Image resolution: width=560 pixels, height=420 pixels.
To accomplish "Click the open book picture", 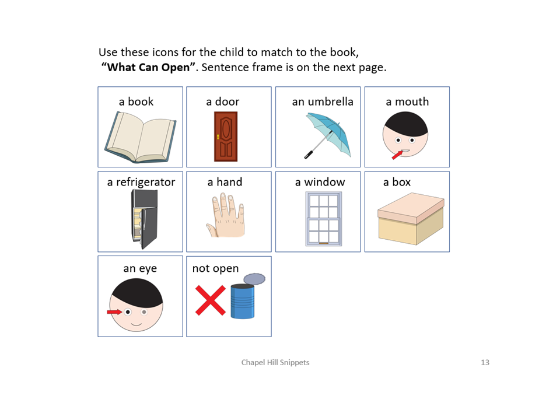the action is click(x=141, y=137).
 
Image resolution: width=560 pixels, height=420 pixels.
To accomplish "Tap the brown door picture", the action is click(x=226, y=136).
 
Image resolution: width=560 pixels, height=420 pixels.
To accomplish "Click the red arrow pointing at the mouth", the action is click(x=397, y=155).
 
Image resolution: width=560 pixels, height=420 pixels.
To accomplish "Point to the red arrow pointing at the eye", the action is click(x=114, y=312).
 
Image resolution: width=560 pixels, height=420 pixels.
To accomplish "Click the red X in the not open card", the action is click(x=211, y=300).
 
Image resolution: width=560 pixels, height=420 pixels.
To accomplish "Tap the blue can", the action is click(x=243, y=301).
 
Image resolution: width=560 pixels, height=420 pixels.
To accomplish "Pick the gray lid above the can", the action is click(x=254, y=279).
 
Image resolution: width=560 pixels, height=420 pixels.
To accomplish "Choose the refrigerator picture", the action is click(x=144, y=219).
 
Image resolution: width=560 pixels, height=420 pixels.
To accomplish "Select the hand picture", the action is click(x=225, y=215).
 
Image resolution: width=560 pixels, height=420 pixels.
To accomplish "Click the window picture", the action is click(x=324, y=219).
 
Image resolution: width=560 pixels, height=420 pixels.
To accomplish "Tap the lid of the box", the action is click(x=411, y=208).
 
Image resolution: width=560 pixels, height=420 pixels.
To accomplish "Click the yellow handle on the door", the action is click(x=218, y=136).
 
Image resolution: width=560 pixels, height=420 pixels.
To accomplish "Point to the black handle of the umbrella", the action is click(x=308, y=155).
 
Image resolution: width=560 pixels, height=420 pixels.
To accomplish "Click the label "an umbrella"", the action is click(x=323, y=101).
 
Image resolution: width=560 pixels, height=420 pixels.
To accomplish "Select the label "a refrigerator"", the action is click(x=141, y=182).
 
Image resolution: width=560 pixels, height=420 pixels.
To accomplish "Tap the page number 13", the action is click(x=485, y=362).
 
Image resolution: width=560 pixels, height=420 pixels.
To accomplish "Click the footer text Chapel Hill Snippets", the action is click(x=275, y=362).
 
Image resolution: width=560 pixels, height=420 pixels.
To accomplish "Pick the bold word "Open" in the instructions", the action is click(x=176, y=67).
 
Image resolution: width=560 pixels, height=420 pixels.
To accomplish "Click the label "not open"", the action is click(x=215, y=268).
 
